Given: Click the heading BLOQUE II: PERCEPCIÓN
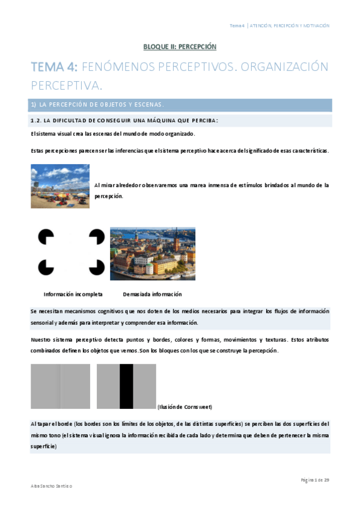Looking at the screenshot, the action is pos(180,46).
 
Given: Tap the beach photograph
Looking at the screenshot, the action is pos(60,186).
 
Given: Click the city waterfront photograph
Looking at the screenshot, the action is pos(153,253).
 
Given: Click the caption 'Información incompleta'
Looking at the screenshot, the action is pos(73,294).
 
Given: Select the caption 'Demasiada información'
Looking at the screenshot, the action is pos(152,294).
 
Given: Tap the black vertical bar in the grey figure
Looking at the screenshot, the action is pos(126,387).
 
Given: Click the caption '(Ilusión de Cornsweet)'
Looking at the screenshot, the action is pos(184,407).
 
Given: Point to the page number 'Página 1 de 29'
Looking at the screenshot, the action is pos(315,479).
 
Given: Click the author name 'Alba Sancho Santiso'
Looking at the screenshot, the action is pos(51,485).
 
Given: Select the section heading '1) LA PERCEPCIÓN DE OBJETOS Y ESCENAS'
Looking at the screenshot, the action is pos(97,105).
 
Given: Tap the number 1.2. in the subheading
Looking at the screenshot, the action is pos(37,120).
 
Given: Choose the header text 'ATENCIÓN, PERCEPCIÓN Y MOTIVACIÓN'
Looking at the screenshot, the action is pos(290,26).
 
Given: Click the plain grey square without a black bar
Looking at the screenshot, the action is pos(60,387).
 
